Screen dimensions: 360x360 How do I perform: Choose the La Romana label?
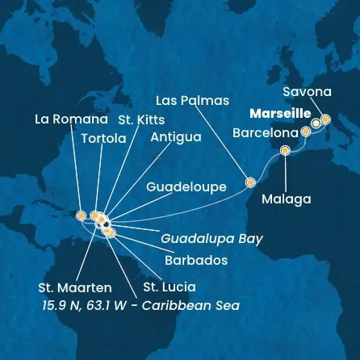[x=71, y=119]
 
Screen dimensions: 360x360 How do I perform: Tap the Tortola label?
[x=103, y=138]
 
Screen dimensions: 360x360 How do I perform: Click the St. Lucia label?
[x=169, y=286]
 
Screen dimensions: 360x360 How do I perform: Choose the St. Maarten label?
[x=75, y=286]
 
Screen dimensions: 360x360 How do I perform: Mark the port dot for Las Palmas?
[x=250, y=182]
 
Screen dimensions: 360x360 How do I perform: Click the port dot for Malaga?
[x=285, y=150]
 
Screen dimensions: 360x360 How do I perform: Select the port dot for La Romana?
[x=81, y=215]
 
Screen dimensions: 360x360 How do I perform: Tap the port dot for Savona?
[x=325, y=119]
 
